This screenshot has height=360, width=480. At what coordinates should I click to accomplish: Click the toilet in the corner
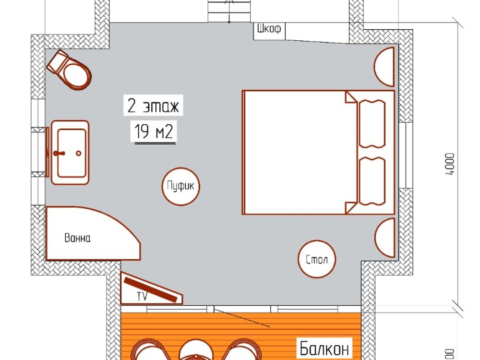click(70, 71)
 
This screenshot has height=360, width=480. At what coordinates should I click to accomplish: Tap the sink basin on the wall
click(70, 153)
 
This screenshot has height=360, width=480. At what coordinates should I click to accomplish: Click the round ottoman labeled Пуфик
click(180, 186)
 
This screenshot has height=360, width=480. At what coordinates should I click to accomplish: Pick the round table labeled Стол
click(317, 259)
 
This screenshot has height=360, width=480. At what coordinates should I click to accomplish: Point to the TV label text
click(142, 296)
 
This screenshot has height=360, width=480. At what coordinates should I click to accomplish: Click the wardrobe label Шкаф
click(269, 29)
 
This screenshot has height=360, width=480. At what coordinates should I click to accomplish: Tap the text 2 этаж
click(153, 106)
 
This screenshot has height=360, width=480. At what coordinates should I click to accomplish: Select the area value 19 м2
click(154, 131)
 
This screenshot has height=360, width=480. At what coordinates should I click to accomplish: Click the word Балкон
click(324, 348)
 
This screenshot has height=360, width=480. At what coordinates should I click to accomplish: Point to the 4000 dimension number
click(450, 164)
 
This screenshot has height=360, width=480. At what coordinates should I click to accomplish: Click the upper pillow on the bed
click(372, 124)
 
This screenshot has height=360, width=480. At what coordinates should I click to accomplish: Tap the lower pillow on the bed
click(372, 181)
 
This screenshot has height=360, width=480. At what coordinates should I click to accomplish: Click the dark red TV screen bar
click(151, 289)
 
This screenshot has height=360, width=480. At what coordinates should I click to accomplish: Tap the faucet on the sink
click(59, 153)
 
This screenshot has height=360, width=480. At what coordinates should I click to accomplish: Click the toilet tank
click(58, 61)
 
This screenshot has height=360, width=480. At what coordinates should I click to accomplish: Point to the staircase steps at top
click(229, 11)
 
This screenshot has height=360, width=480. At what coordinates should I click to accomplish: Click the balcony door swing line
click(242, 318)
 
